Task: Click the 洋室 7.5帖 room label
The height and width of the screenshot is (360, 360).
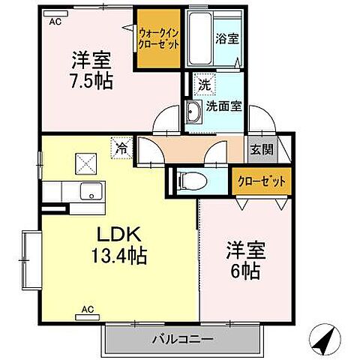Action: [x=91, y=69]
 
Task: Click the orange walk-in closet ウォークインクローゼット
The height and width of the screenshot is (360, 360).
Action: [x=158, y=39]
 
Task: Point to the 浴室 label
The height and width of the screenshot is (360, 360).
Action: [x=228, y=38]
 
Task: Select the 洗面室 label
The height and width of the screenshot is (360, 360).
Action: [x=224, y=106]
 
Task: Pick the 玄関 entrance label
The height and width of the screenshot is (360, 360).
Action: [x=261, y=148]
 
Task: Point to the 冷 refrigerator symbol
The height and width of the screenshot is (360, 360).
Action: [x=121, y=148]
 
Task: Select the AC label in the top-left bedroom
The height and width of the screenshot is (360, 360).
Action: [x=55, y=22]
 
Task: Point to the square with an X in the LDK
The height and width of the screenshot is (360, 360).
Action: [x=86, y=160]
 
